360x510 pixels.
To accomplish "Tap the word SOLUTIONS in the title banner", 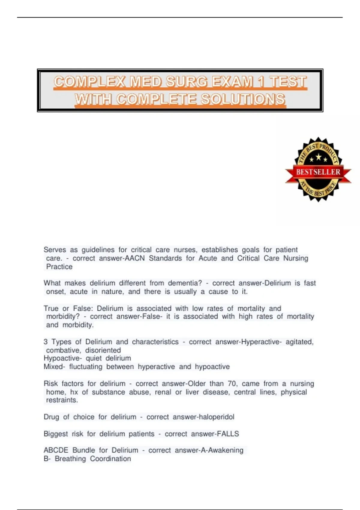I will coord(243,99).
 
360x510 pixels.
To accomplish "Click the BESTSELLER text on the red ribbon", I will coord(318,172).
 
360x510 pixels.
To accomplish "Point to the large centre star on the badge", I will coord(318,157).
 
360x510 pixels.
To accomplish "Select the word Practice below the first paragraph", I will coord(59,267).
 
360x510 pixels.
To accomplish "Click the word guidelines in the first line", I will coord(98,250).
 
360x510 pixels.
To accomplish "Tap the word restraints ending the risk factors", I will coord(62,400).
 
